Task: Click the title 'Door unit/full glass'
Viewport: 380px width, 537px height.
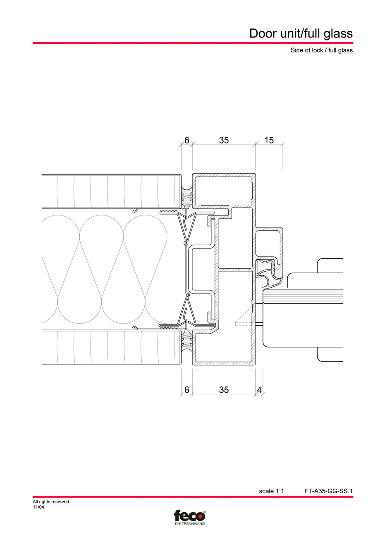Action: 301,33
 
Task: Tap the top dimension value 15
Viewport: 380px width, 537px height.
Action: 269,140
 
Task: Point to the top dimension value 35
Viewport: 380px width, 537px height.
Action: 224,140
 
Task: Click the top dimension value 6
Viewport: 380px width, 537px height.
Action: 186,140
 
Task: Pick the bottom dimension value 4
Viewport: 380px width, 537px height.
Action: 259,390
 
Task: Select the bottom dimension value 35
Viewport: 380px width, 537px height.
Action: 224,390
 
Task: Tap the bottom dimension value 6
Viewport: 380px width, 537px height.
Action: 186,390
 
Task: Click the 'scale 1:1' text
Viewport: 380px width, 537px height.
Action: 271,491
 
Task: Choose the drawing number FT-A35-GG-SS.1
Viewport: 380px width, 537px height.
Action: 328,491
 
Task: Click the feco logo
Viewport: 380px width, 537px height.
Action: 189,516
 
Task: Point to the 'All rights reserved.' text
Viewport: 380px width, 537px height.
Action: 51,502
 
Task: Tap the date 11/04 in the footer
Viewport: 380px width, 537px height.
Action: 38,507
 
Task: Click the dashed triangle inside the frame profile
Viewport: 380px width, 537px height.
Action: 244,318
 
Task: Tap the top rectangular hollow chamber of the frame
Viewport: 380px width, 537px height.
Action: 224,190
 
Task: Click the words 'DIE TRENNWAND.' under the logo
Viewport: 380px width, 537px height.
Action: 189,523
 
